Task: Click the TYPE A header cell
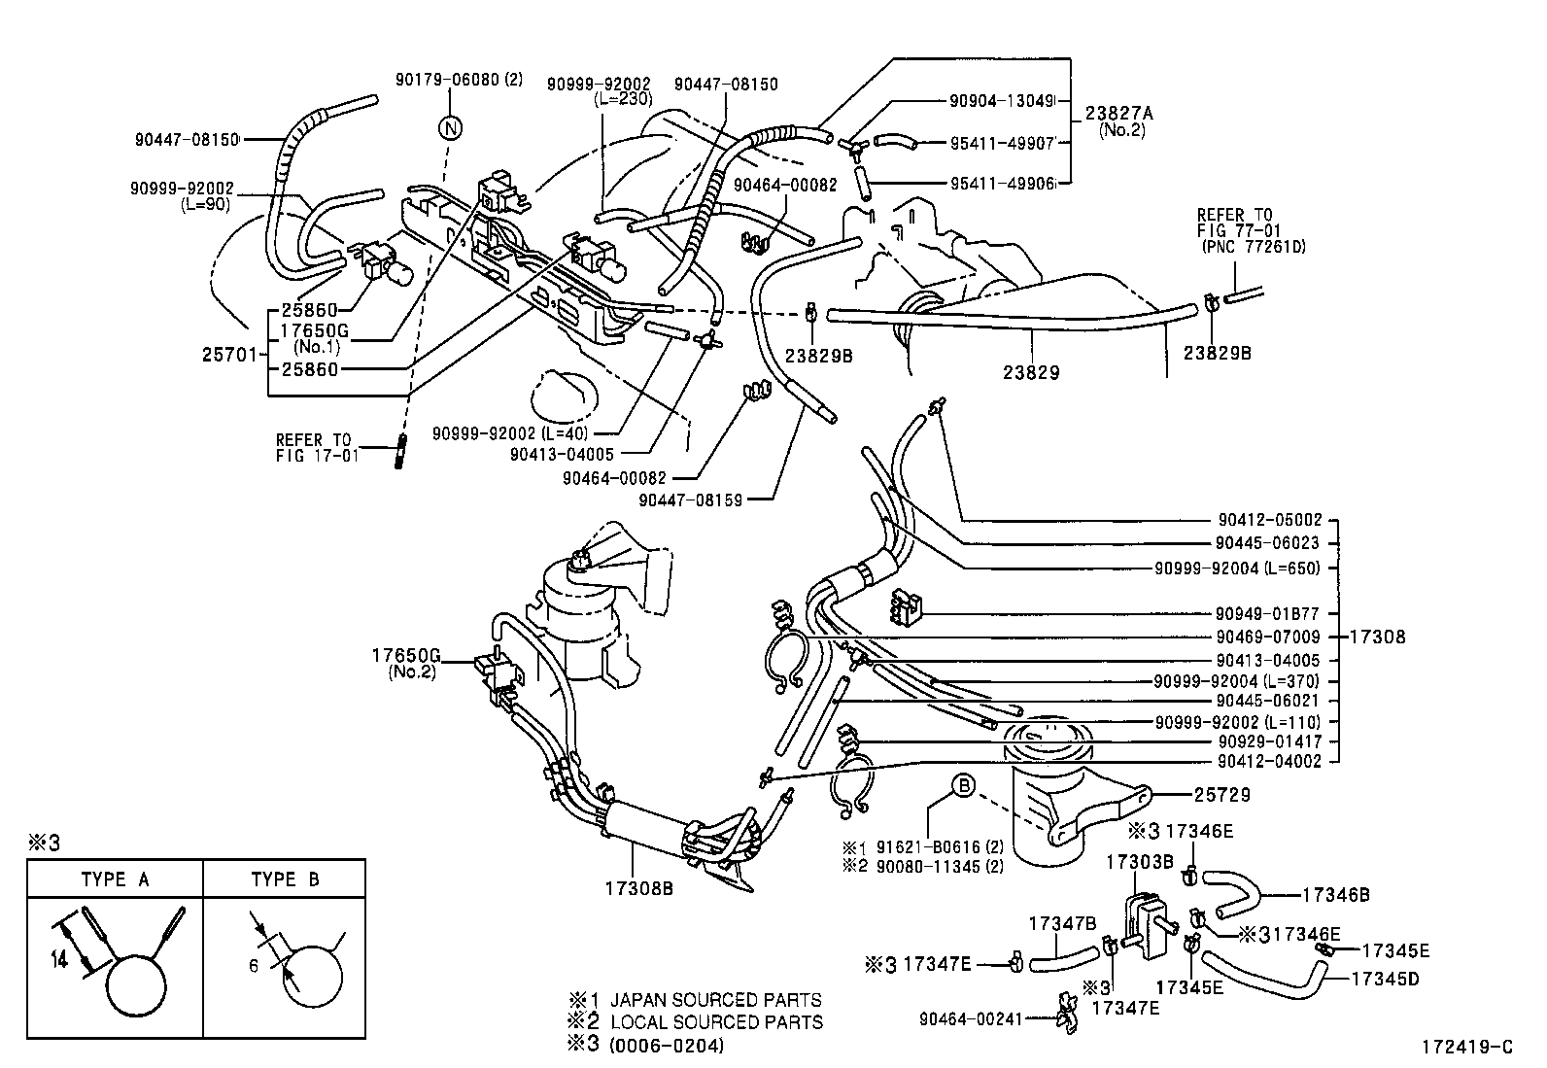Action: pos(115,879)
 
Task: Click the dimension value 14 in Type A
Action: pos(59,958)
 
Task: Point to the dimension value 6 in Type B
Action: pos(255,967)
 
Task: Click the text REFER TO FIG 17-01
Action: pos(317,447)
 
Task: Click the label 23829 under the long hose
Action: pos(1032,372)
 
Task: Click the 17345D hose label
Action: pos(1385,979)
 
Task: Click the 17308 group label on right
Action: pos(1378,637)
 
